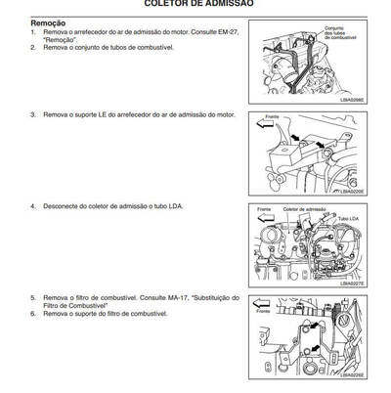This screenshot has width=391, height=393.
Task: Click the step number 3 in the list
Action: [33, 115]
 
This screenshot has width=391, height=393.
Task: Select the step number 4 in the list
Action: [33, 207]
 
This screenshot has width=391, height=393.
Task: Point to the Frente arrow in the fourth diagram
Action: [266, 311]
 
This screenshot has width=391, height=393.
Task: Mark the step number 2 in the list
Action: [33, 46]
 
